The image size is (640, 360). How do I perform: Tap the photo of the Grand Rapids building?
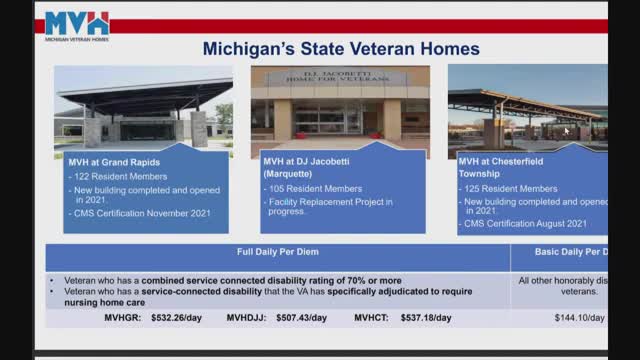click(143, 108)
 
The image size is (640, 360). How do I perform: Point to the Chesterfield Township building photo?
click(527, 108)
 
